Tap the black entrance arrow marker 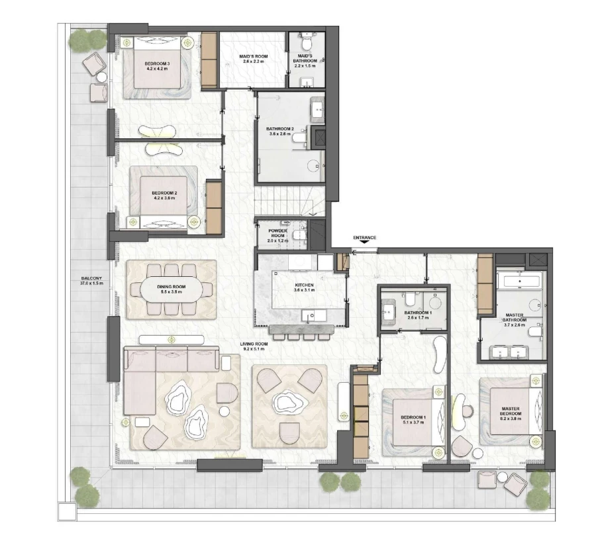pyautogui.click(x=364, y=243)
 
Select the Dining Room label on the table pyautogui.click(x=171, y=289)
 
